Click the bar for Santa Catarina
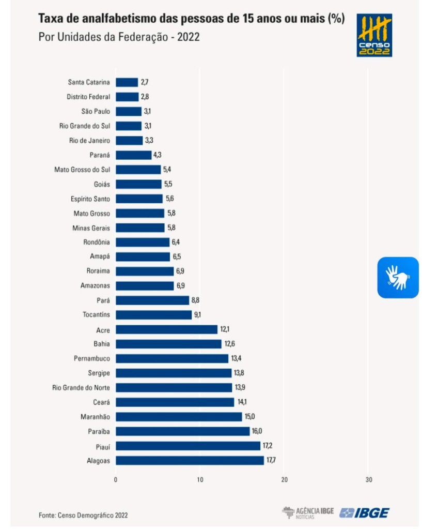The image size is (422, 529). point(127,82)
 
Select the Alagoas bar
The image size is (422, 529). point(190,460)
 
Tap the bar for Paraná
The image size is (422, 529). point(133,155)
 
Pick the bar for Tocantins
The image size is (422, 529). point(153,314)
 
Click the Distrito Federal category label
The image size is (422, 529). point(88,97)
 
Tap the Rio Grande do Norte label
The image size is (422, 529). point(82,387)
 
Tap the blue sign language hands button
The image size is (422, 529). point(398,278)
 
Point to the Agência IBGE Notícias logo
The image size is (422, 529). point(308,512)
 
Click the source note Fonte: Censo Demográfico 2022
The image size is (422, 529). point(83,515)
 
